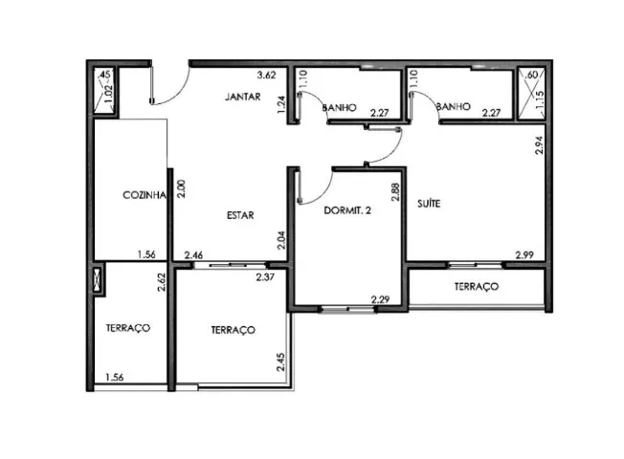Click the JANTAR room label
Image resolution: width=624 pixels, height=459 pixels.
tap(242, 97)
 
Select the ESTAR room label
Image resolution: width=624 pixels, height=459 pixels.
tap(239, 215)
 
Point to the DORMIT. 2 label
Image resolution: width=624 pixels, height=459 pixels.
tap(346, 210)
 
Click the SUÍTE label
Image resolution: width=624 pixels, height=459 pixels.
tap(428, 204)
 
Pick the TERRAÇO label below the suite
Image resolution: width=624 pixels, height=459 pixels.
tap(476, 286)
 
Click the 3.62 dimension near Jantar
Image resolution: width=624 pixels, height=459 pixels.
tap(266, 76)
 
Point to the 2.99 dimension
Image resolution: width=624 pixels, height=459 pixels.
tap(524, 254)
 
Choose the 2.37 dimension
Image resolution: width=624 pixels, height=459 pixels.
tap(265, 277)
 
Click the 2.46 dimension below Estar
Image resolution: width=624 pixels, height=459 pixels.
tap(194, 255)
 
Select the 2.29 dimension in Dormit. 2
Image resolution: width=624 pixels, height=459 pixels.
tap(380, 299)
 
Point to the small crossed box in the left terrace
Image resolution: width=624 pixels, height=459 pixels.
tap(99, 280)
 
